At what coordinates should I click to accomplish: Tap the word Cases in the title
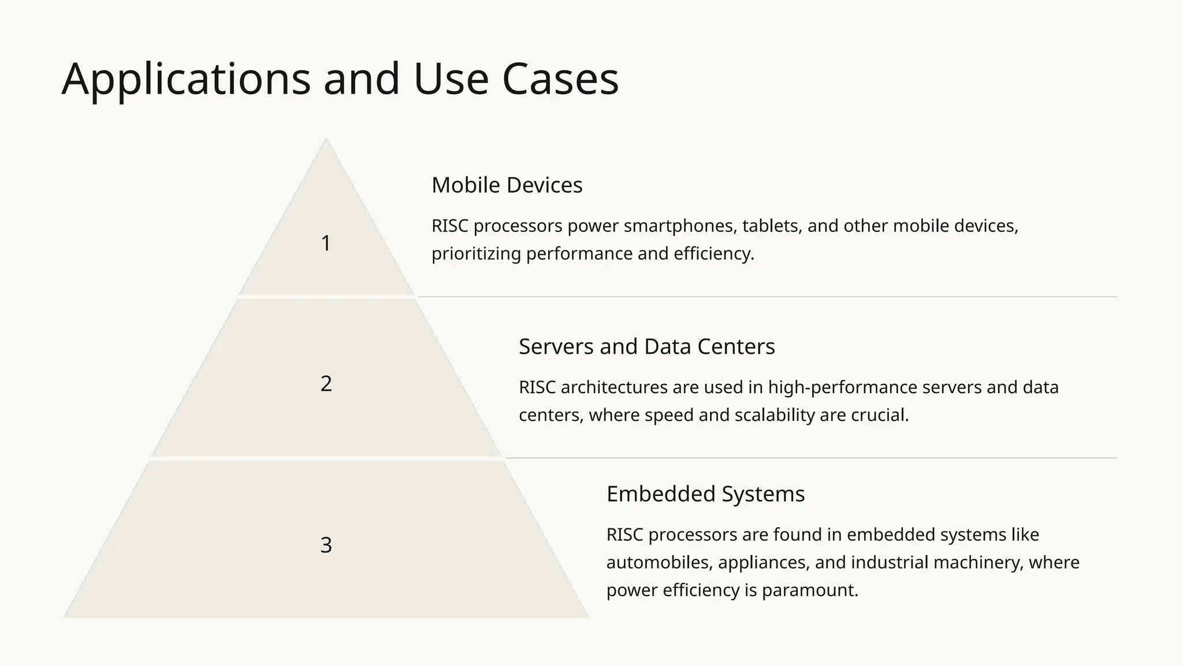pos(560,79)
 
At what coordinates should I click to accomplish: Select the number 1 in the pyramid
pos(326,243)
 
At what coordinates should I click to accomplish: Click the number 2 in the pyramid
pos(326,384)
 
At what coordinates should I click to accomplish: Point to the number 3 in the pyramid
pos(326,545)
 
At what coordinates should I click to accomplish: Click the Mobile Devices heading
pos(507,185)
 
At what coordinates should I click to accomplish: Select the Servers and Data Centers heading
pos(646,346)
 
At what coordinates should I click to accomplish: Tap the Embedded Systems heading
pos(705,494)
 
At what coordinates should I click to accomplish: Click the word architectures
pos(613,387)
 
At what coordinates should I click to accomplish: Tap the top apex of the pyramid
pos(326,140)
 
